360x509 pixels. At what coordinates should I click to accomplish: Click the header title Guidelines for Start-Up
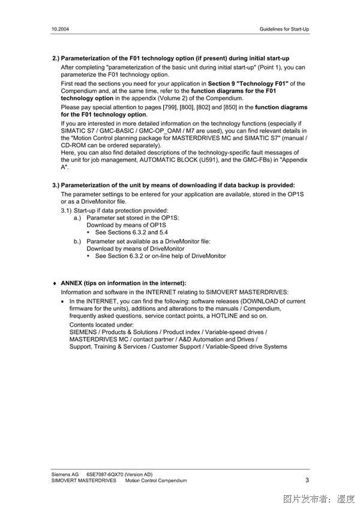pyautogui.click(x=284, y=28)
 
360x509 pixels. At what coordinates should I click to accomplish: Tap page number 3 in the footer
pyautogui.click(x=307, y=480)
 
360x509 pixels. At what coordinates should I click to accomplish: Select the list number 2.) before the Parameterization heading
pyautogui.click(x=56, y=58)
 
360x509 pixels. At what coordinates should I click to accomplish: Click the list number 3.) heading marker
pyautogui.click(x=56, y=185)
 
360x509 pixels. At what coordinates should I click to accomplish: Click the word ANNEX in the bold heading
pyautogui.click(x=72, y=283)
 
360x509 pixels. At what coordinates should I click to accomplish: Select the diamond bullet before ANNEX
pyautogui.click(x=55, y=283)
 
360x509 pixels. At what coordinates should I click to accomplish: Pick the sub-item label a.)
pyautogui.click(x=77, y=218)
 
